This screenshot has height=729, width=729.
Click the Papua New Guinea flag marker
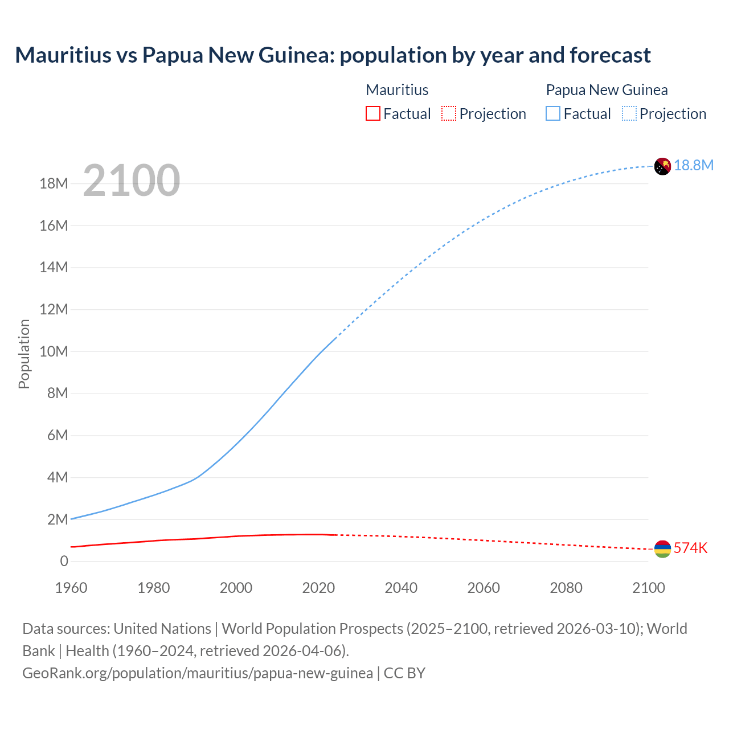tap(662, 166)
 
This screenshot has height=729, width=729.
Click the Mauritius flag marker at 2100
tap(662, 549)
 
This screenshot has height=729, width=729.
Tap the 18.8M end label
tap(694, 165)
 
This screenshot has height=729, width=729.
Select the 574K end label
tap(690, 548)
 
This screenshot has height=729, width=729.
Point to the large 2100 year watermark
tap(132, 181)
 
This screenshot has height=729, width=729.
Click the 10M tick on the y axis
tap(54, 351)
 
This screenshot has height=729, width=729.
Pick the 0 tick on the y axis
tap(64, 561)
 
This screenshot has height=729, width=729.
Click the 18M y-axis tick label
tap(54, 183)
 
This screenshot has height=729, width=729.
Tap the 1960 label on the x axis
tap(71, 588)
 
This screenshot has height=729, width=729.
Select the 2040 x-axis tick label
tap(401, 588)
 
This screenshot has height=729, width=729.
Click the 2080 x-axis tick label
tap(566, 588)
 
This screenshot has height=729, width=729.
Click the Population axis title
tap(24, 354)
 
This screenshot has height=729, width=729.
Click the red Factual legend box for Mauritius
tap(372, 113)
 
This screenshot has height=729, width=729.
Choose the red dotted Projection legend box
tap(449, 113)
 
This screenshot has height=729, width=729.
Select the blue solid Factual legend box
tap(553, 113)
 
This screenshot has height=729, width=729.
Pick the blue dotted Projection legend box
tap(629, 113)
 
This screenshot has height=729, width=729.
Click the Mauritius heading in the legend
tap(397, 90)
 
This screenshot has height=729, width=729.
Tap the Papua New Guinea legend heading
tap(607, 90)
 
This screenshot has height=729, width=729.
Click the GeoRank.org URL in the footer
tap(198, 673)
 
